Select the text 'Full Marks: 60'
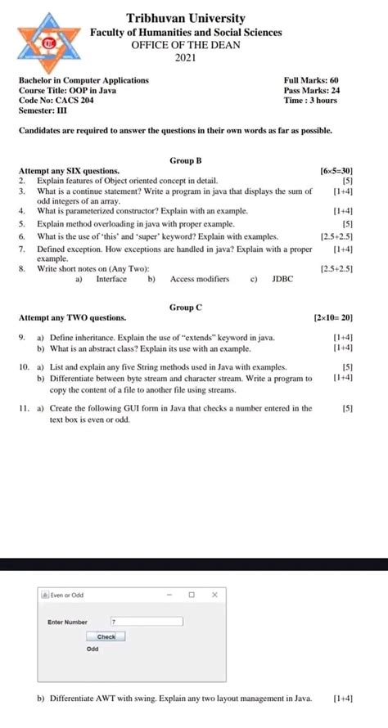tap(311, 80)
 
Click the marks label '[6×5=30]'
tap(337, 171)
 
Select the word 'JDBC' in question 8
tap(282, 279)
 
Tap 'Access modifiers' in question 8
tap(200, 279)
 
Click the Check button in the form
tap(106, 636)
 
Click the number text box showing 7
tap(147, 622)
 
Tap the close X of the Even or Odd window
tap(214, 595)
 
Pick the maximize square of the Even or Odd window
tap(192, 595)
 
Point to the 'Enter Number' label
tap(68, 622)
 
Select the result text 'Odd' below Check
tap(92, 649)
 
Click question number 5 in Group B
tap(22, 222)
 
